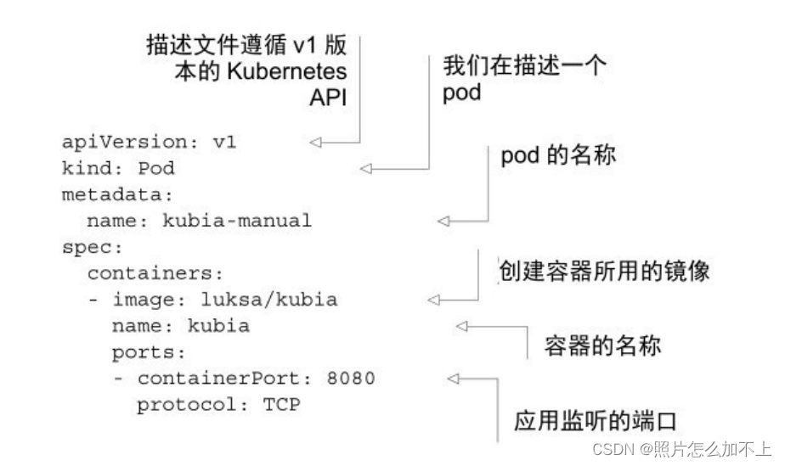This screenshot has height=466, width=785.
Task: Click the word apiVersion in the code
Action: tap(124, 142)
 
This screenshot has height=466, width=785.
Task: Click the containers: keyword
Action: tap(155, 274)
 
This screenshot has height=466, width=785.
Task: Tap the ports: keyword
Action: tap(149, 352)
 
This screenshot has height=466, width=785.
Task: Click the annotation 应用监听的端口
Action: tap(598, 420)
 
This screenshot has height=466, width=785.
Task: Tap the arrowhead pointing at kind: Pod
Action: tap(367, 169)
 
